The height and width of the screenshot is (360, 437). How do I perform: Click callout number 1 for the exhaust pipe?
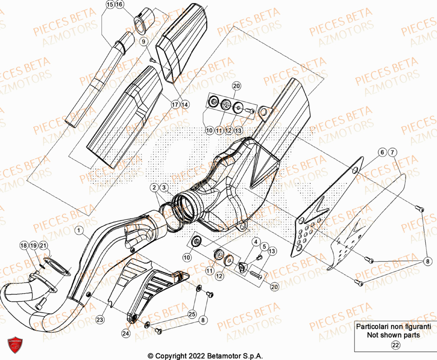pyautogui.click(x=78, y=230)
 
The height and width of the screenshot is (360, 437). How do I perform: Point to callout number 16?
pyautogui.click(x=119, y=4)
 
